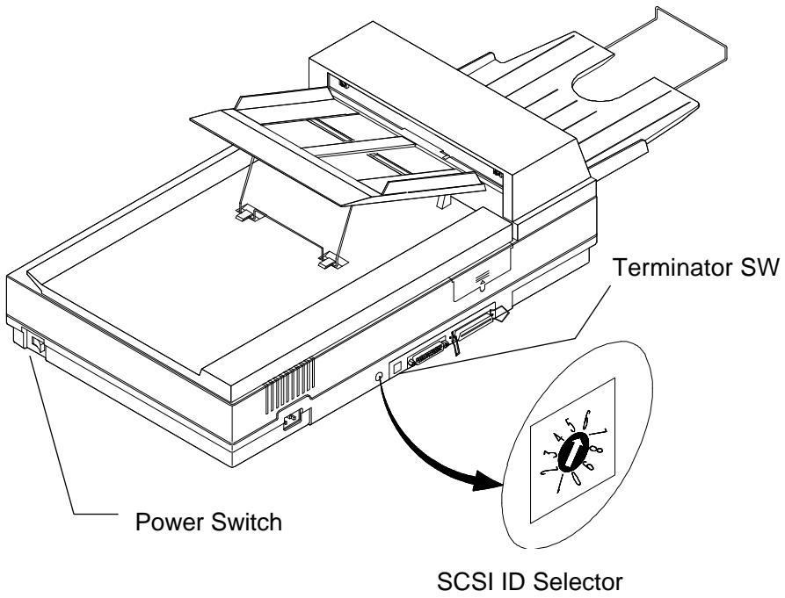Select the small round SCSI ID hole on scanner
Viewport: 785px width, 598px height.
click(x=379, y=376)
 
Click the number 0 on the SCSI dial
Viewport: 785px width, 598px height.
click(x=572, y=482)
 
